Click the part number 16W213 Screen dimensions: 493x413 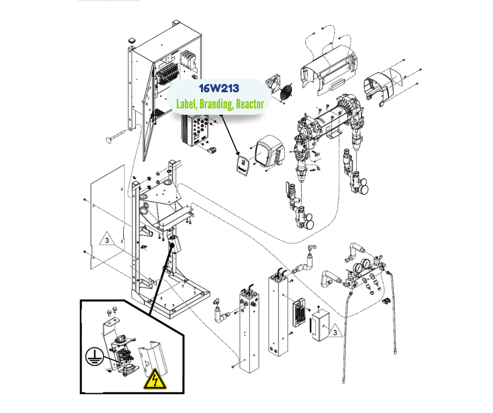(219, 89)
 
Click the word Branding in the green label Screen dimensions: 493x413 (216, 104)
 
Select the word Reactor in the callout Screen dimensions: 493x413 (250, 104)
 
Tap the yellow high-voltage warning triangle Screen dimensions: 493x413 (155, 379)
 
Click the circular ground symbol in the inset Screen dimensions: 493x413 (94, 356)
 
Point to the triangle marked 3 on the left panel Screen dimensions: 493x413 (107, 238)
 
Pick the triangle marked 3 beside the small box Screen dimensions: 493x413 (335, 331)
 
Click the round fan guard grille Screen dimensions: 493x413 (286, 92)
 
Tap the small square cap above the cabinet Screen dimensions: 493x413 (131, 40)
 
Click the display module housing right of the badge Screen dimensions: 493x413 (269, 151)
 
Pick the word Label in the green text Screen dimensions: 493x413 (187, 104)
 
